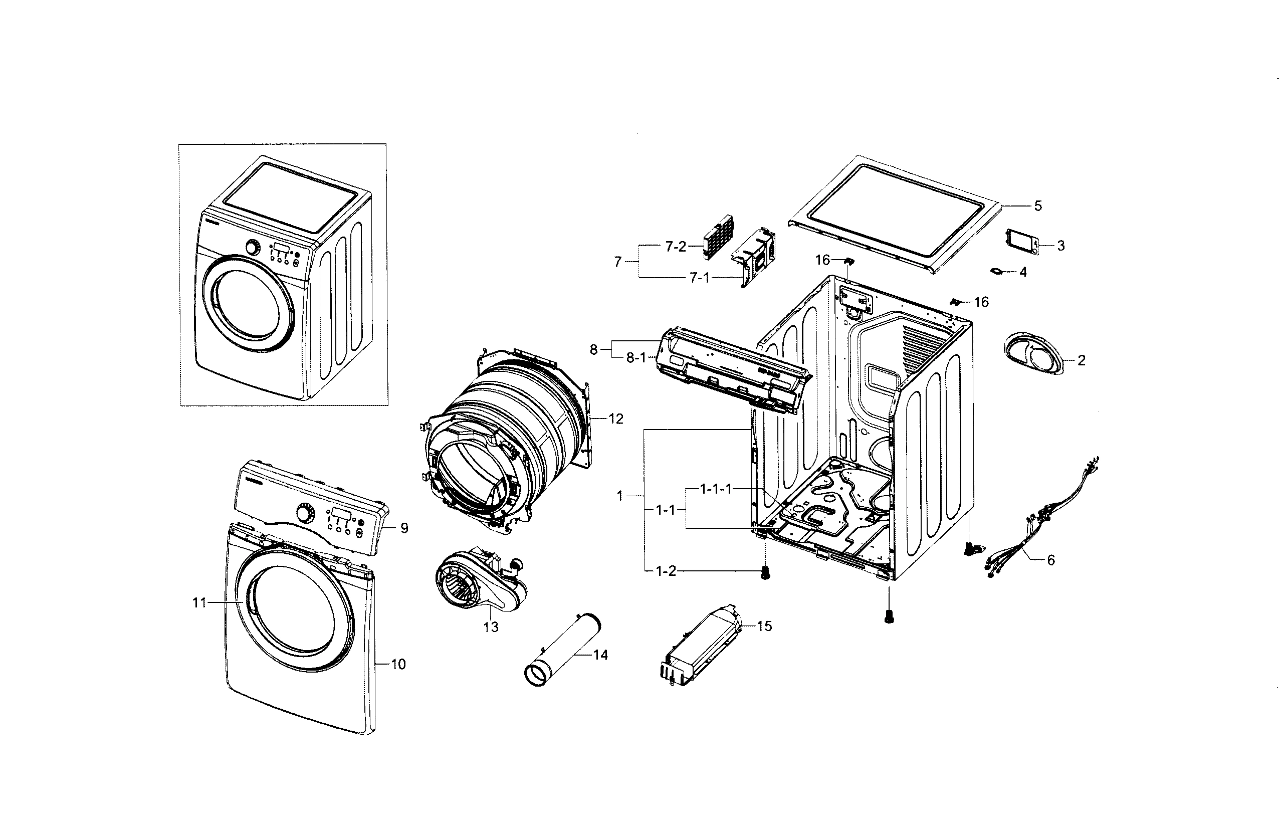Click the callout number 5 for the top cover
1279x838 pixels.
tap(1038, 206)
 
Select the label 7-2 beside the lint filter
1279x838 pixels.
tap(676, 247)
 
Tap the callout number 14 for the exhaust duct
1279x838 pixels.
tap(600, 655)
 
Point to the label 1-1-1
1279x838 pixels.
tap(715, 489)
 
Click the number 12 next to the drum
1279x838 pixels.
tap(615, 418)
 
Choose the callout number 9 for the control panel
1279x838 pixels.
tap(404, 528)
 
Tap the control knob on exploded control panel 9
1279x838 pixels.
tap(305, 513)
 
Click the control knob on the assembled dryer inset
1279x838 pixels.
tap(253, 248)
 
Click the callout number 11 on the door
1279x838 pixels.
tap(199, 603)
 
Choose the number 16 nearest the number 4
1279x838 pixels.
tap(981, 303)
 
